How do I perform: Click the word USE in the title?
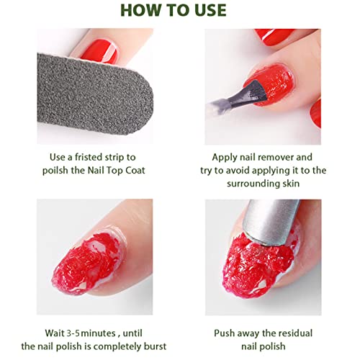click(210, 10)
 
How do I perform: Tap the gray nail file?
click(95, 94)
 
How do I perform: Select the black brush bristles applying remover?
click(257, 91)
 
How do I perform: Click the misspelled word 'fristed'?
click(89, 157)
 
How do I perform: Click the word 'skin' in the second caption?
click(292, 184)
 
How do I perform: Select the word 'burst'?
click(155, 346)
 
